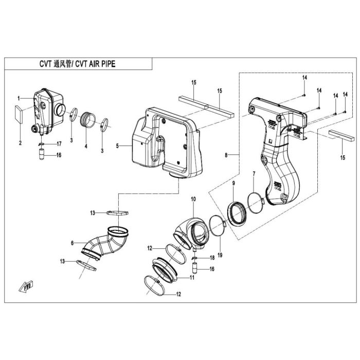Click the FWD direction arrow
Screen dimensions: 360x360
click(26, 286)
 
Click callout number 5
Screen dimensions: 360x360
click(117, 146)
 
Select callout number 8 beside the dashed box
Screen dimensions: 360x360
click(226, 155)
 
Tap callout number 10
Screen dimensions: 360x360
click(193, 199)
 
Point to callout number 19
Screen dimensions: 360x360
click(220, 255)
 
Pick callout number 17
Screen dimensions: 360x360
click(59, 144)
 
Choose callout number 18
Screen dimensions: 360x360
click(212, 258)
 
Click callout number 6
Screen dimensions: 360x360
click(73, 243)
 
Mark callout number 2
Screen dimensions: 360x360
click(20, 143)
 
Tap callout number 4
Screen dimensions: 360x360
click(86, 146)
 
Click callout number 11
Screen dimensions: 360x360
click(192, 278)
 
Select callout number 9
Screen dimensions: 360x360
click(233, 176)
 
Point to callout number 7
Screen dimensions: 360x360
click(254, 174)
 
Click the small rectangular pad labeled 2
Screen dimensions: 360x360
click(19, 114)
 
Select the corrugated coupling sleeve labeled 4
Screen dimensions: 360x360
click(87, 119)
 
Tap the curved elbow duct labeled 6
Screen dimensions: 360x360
click(105, 243)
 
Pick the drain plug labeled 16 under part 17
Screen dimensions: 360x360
click(42, 154)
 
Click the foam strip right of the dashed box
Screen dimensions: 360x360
click(341, 135)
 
